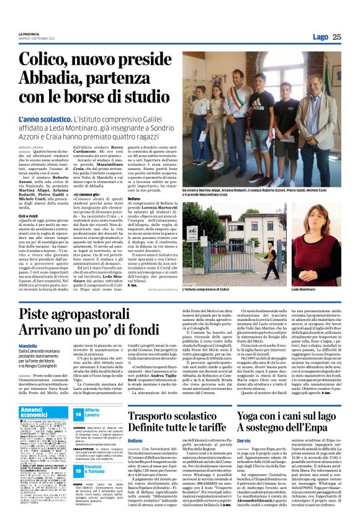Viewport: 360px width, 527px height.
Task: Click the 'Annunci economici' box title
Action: point(38,413)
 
